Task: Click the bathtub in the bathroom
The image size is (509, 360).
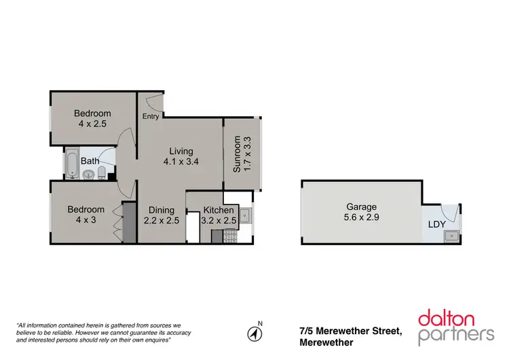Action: click(x=72, y=163)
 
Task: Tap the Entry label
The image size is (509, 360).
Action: click(x=151, y=117)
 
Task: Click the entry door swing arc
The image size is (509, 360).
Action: click(x=155, y=103)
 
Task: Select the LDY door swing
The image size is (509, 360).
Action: click(x=449, y=211)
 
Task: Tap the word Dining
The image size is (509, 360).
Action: click(x=162, y=210)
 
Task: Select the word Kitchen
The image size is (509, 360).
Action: click(x=219, y=210)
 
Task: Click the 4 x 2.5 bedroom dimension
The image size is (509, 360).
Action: click(x=92, y=124)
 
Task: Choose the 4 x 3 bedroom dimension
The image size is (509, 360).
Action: click(x=86, y=221)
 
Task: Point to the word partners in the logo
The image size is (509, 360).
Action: click(x=456, y=335)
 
